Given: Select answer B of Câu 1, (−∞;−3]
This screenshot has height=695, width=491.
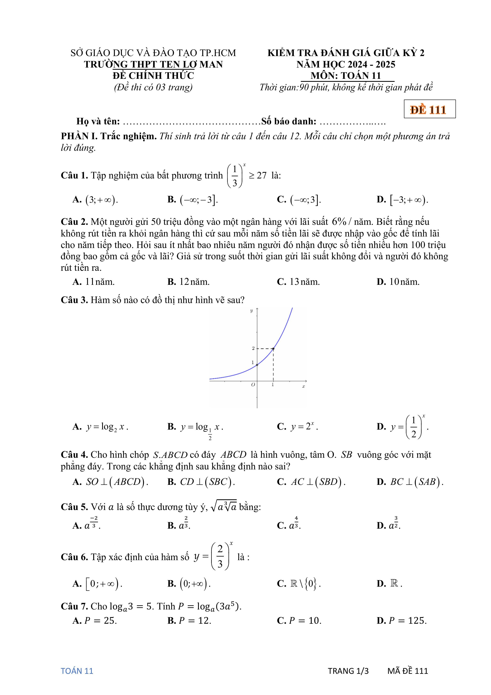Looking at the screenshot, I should coord(193,200).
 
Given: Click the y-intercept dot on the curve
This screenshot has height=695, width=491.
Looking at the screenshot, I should coord(257,365).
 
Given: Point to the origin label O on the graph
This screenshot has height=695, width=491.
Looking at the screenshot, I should coord(253,384).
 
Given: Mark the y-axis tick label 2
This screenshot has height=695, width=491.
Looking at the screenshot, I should coord(253,348).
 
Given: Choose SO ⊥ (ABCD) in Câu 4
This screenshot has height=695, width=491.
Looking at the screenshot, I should coord(110,482).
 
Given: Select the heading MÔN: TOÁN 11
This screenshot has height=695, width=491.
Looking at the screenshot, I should coord(346,76).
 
